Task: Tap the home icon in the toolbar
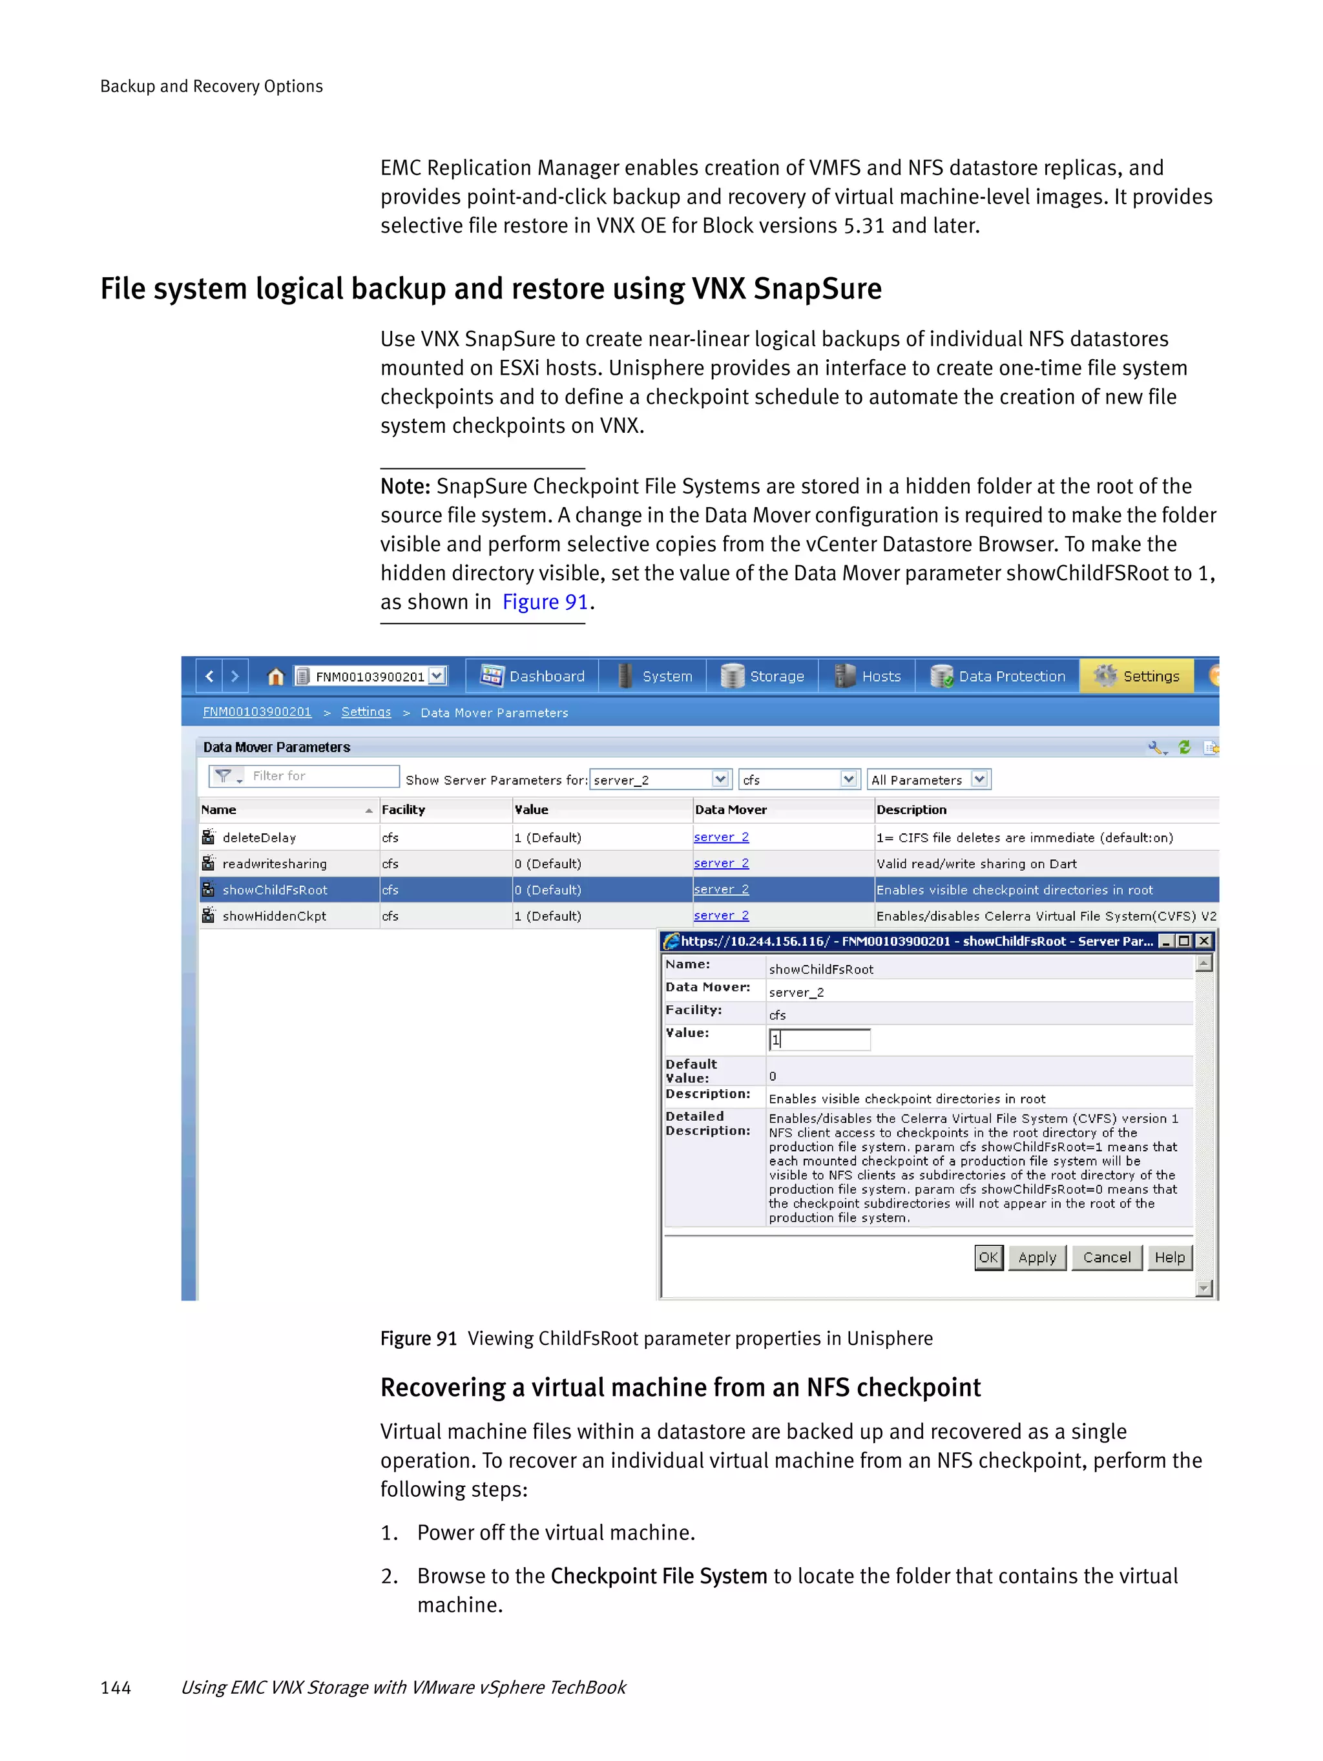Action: pos(275,676)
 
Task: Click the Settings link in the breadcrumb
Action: pos(366,712)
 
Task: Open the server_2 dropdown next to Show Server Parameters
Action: pos(720,779)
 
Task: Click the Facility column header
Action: pos(404,809)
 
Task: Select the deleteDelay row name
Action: pos(258,837)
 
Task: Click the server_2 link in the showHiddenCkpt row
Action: pos(721,915)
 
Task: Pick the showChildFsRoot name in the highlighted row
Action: pos(275,890)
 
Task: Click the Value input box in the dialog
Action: pos(820,1039)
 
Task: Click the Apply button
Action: pos(1036,1257)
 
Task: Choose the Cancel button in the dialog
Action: pos(1106,1257)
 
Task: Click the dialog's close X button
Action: pos(1204,941)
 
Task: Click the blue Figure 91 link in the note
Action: pos(545,602)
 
